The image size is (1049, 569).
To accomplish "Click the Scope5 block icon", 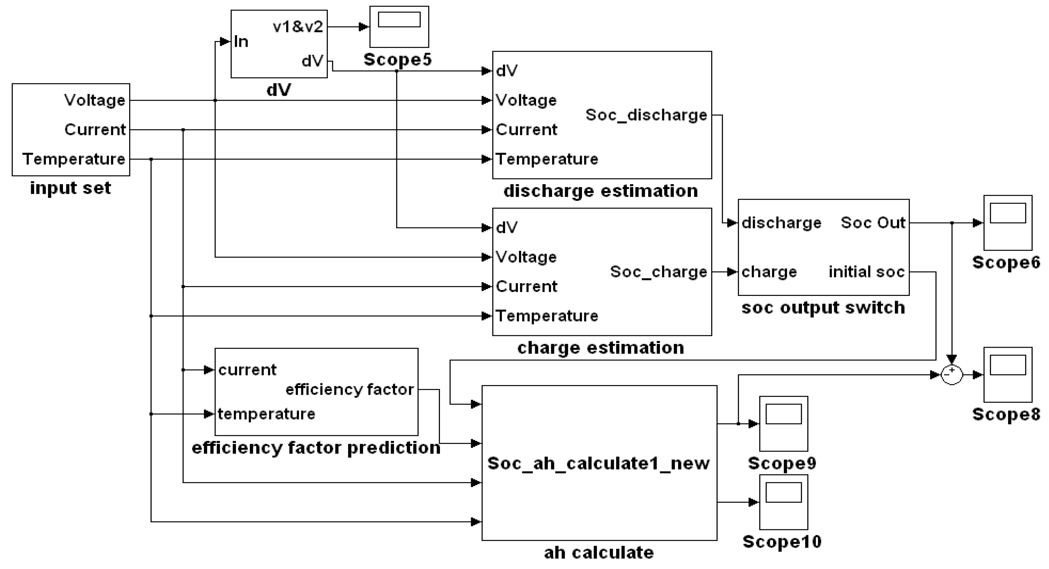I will (x=399, y=27).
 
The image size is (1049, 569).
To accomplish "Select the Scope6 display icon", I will (x=1008, y=223).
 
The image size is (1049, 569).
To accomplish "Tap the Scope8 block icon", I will (x=1008, y=375).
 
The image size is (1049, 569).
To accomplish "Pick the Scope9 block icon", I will (x=783, y=423).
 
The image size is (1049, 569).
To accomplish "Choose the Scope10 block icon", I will (x=783, y=502).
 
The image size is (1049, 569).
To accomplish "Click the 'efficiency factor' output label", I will (x=349, y=390).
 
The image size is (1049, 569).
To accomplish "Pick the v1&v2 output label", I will (x=298, y=27).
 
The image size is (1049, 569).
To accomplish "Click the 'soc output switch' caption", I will (x=823, y=308).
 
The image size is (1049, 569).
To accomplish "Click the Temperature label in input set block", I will (x=74, y=159).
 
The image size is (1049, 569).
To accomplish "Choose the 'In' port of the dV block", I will (x=241, y=42).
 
